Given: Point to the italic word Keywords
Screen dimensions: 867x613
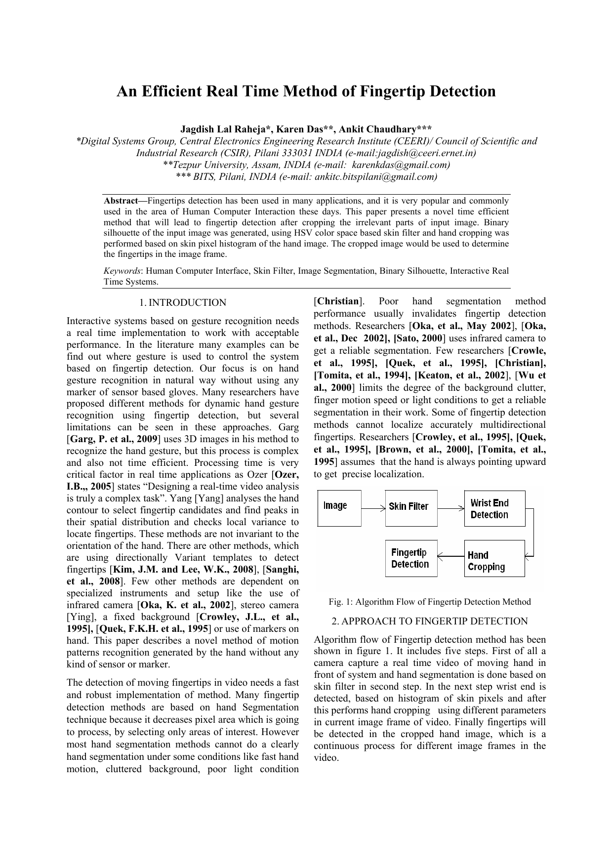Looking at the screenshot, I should (122, 271).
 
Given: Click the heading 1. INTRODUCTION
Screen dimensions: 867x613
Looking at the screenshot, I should (182, 303).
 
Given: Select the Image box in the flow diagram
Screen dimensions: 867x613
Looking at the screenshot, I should (339, 507).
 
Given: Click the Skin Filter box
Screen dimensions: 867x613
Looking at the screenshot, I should (411, 507).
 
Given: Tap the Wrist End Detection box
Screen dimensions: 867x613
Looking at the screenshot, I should (494, 508).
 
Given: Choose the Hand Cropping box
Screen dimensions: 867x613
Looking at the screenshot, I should (494, 558).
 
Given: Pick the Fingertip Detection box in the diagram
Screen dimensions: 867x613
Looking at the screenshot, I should (411, 558).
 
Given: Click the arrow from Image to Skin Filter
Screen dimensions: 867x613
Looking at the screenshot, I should (373, 508).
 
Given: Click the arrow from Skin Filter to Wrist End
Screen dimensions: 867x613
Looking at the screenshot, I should (450, 508).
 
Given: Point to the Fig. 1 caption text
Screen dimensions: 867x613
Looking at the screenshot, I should (430, 602).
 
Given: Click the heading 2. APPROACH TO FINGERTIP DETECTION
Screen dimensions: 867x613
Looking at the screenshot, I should (430, 621).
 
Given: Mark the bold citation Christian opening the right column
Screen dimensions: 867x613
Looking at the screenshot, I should (338, 301).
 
